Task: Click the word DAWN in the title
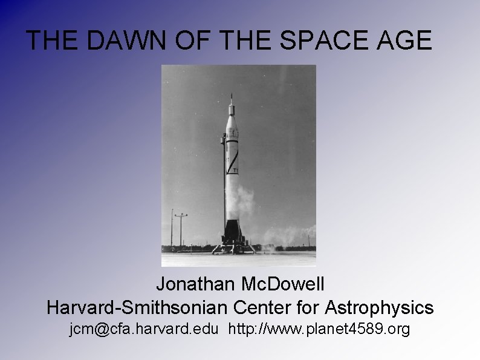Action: [x=118, y=41]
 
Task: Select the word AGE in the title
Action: [x=408, y=41]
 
